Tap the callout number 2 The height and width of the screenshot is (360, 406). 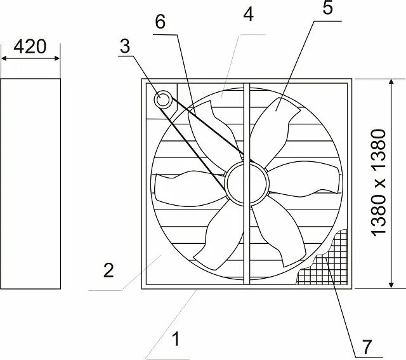pos(108,270)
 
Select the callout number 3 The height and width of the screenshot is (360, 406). pos(126,46)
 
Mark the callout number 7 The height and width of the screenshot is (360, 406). pos(366,347)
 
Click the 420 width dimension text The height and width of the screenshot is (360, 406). pos(30,47)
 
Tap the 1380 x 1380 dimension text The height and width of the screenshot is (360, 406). pos(378,183)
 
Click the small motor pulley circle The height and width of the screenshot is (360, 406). pos(163,99)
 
